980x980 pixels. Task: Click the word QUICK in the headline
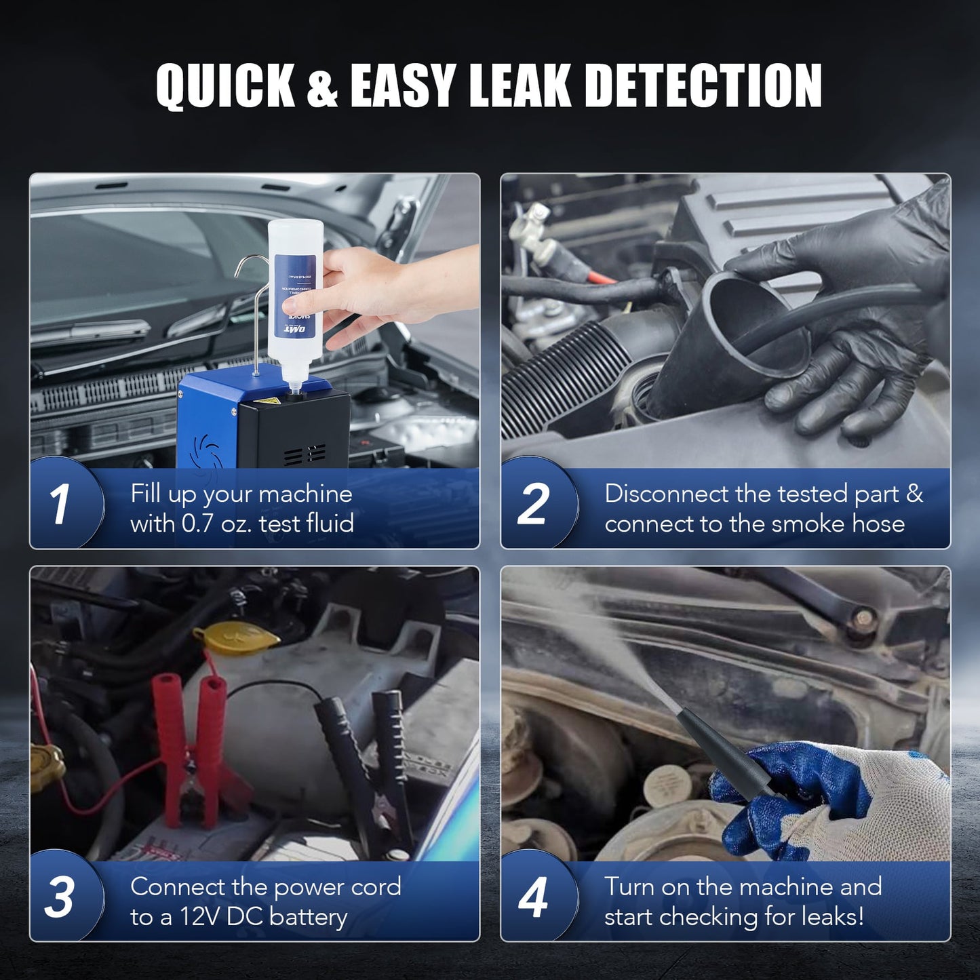coord(225,86)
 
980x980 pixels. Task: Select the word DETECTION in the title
coord(703,86)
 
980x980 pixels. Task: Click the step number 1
coord(60,505)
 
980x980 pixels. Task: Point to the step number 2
coord(533,505)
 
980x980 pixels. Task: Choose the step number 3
coord(60,897)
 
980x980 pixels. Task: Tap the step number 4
coord(533,897)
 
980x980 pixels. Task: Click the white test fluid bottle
coord(294,292)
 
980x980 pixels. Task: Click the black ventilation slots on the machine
coord(305,454)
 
